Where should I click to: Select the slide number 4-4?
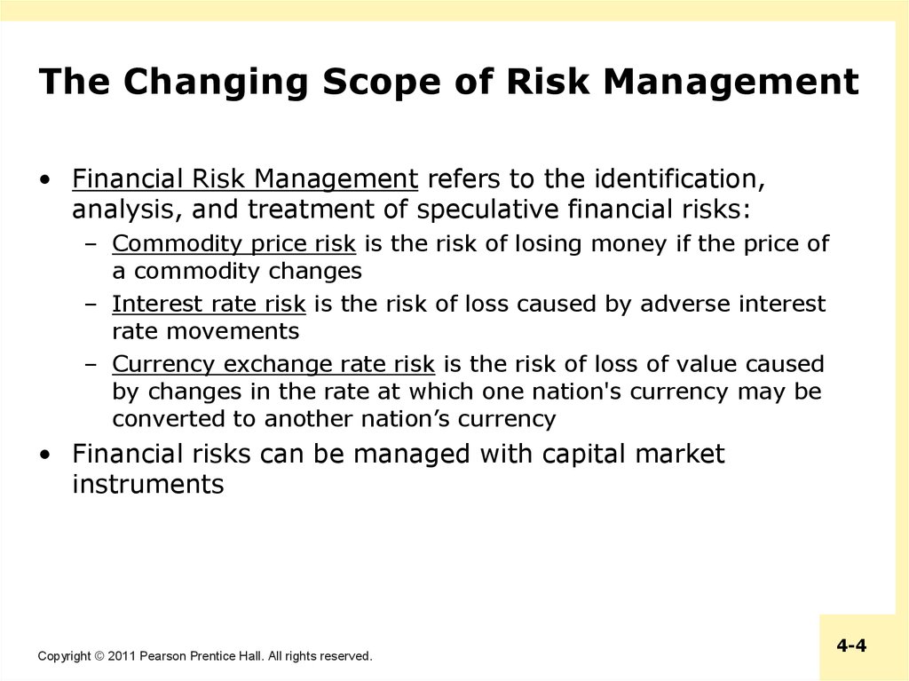pos(851,645)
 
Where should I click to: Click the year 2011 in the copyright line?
pos(121,656)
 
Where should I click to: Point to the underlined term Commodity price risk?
pos(233,243)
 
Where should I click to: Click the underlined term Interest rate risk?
pos(209,304)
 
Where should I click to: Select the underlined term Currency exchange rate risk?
pos(273,364)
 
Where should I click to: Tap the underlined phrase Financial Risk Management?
pos(245,178)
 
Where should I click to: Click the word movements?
pos(233,332)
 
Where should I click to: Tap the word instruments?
pos(148,484)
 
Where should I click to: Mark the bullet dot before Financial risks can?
pos(45,455)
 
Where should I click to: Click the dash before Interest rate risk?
pos(91,304)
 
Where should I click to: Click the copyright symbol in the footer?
pos(99,656)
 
